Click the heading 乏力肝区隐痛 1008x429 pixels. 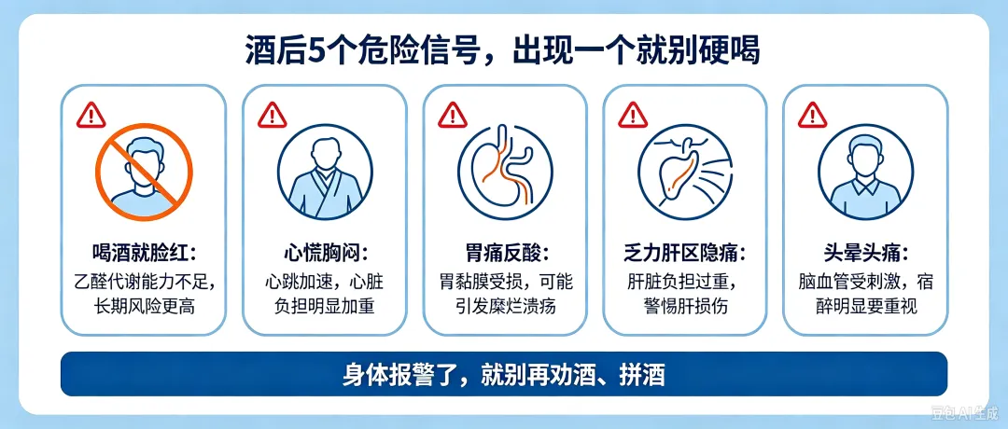click(x=685, y=254)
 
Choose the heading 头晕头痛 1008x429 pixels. click(x=865, y=254)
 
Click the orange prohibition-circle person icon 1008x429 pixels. click(x=144, y=173)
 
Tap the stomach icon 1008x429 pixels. click(x=505, y=172)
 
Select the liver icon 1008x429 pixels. click(x=685, y=172)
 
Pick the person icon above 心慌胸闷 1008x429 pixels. click(x=325, y=172)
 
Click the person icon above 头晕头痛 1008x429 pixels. click(x=865, y=172)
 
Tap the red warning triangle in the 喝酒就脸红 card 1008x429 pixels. click(x=91, y=116)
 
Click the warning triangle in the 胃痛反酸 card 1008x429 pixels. click(x=453, y=116)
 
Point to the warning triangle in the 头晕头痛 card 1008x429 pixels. click(x=813, y=116)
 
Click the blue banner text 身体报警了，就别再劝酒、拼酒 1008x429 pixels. click(x=503, y=375)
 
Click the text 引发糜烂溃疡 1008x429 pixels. click(x=505, y=306)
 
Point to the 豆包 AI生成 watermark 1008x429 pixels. click(x=966, y=411)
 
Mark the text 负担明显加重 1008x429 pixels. click(x=325, y=306)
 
